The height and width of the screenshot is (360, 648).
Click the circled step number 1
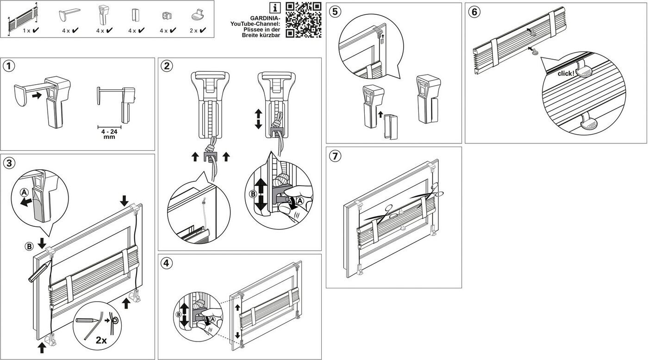tap(9, 66)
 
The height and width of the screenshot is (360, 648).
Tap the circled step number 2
tap(166, 66)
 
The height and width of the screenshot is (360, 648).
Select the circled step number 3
tap(9, 163)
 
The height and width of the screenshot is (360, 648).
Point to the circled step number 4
tap(166, 263)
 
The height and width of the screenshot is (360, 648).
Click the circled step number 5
tap(335, 12)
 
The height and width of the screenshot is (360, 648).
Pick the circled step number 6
tap(474, 12)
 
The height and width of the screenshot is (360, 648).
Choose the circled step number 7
tap(335, 156)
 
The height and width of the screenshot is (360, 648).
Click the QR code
tap(304, 20)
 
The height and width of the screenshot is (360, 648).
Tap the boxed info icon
tap(275, 8)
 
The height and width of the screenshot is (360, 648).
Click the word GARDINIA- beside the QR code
tap(265, 18)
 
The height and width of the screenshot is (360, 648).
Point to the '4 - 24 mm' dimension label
tap(109, 134)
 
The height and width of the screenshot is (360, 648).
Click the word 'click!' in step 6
tap(566, 74)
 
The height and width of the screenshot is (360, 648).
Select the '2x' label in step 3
tap(101, 340)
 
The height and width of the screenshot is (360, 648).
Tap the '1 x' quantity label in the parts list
tap(27, 31)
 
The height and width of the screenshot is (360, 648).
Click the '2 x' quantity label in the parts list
tap(193, 31)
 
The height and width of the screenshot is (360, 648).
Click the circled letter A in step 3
tap(24, 192)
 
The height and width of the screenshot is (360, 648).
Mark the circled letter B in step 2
tap(253, 194)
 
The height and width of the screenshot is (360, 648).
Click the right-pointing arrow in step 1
tap(37, 95)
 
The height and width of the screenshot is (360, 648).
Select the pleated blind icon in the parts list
tap(23, 19)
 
